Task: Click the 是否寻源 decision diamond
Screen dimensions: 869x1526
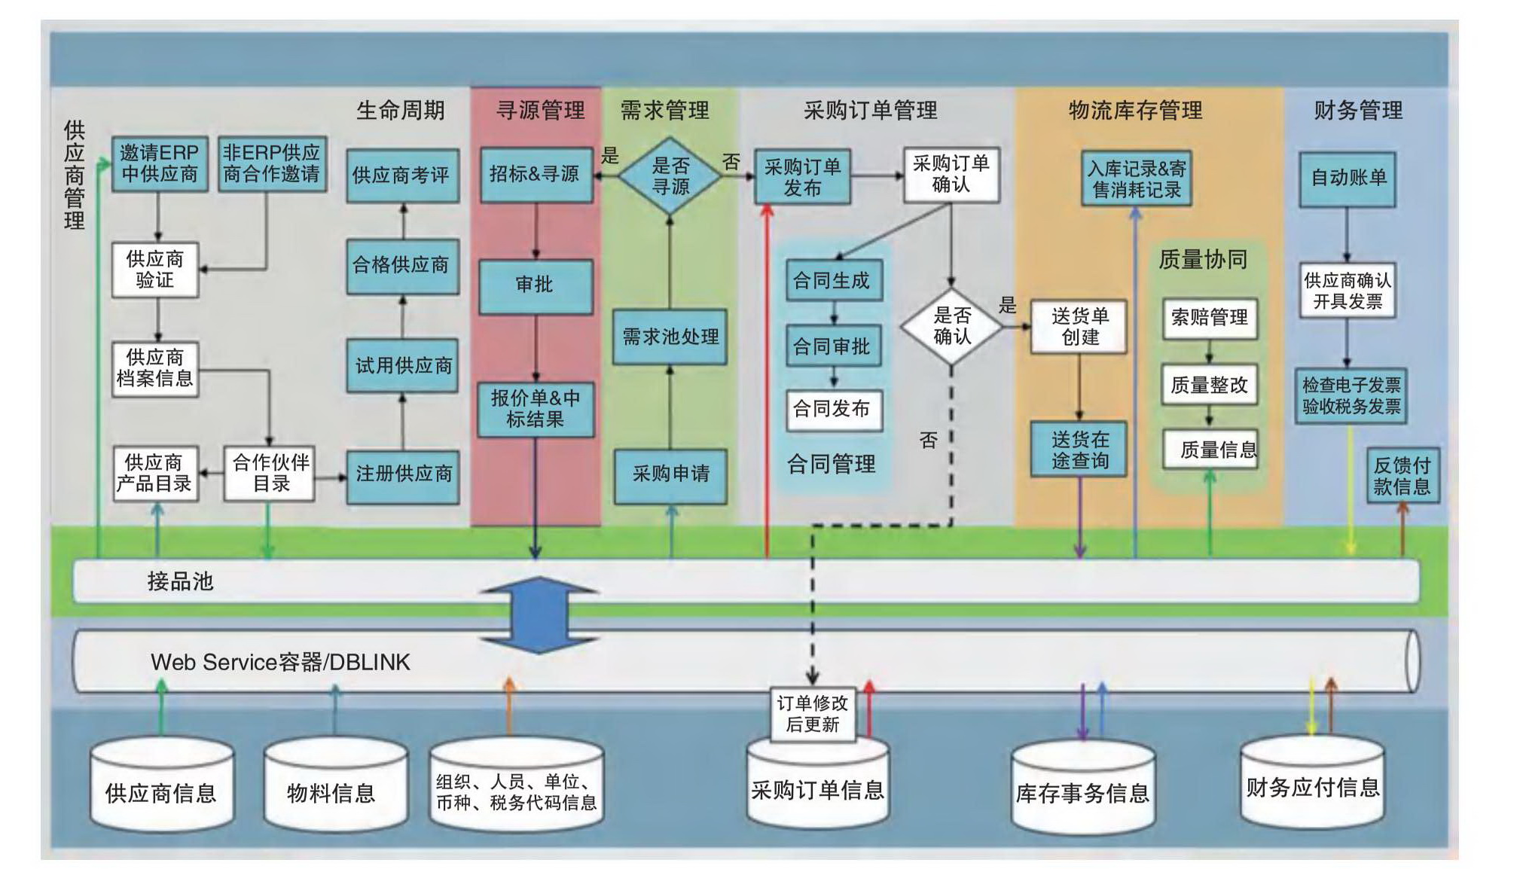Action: click(x=670, y=176)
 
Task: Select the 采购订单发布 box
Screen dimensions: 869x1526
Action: click(x=802, y=177)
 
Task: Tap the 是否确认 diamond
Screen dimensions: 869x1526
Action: click(x=951, y=326)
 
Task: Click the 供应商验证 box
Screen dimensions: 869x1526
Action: click(x=155, y=270)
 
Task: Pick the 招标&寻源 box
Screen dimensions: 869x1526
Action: click(x=536, y=175)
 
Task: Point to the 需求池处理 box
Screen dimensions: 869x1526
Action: click(x=670, y=337)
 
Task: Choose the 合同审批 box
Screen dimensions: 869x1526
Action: click(x=832, y=346)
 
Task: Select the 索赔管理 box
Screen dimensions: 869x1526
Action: click(x=1209, y=318)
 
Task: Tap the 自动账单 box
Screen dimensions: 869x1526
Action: click(x=1347, y=178)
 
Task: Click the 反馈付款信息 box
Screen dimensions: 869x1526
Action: click(x=1402, y=476)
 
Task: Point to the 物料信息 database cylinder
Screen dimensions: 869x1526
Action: click(x=334, y=787)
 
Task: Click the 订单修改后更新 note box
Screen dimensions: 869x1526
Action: click(x=812, y=714)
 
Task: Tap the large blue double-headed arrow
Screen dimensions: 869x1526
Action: click(x=540, y=614)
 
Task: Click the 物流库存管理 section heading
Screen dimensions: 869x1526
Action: click(x=1135, y=111)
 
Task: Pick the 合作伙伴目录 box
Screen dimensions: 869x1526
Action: click(x=270, y=473)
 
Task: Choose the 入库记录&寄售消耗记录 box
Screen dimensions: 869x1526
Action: click(x=1136, y=178)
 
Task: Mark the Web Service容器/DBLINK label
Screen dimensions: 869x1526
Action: click(x=280, y=662)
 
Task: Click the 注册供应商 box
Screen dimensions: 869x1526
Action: click(x=403, y=474)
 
